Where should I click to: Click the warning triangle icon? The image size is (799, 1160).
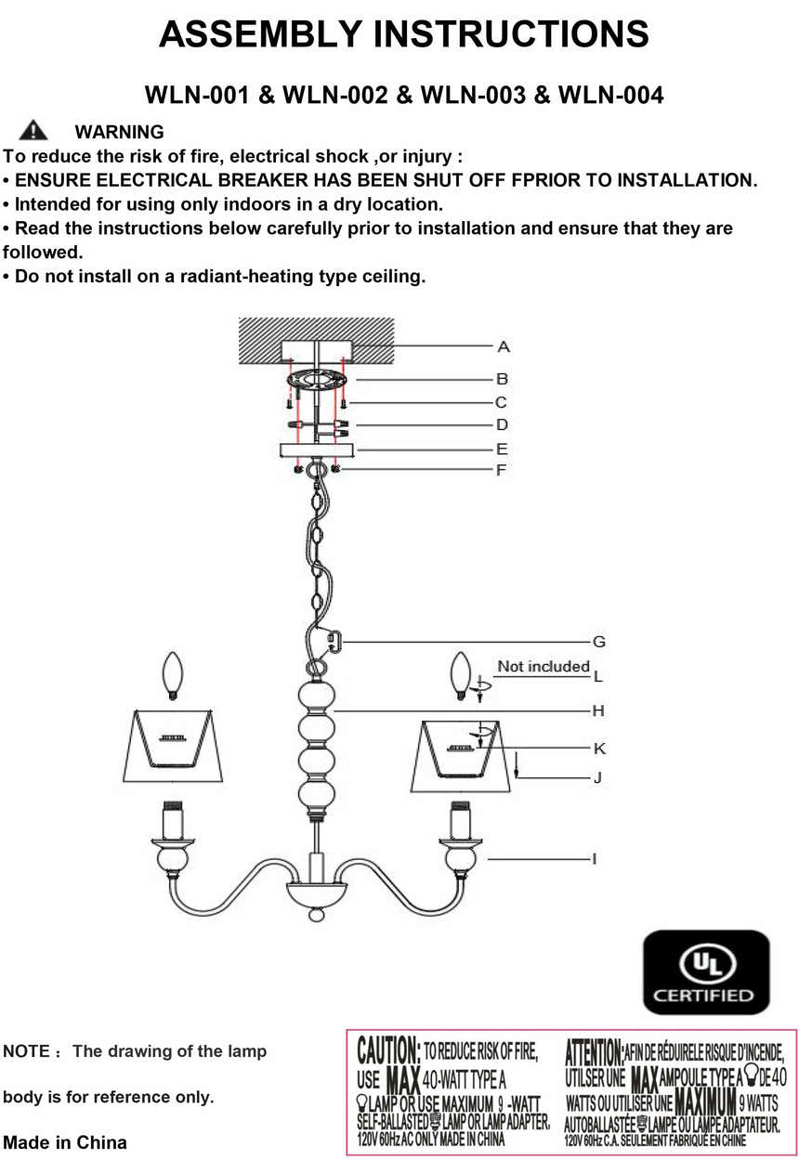(33, 130)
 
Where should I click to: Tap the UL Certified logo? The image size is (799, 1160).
(706, 971)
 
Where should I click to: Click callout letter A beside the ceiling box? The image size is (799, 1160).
(503, 346)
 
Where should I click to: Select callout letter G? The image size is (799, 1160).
(599, 641)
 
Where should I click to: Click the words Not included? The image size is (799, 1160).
(543, 666)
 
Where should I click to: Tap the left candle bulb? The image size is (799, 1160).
(171, 676)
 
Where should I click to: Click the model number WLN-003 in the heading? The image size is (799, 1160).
(473, 95)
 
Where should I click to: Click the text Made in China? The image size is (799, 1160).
(65, 1141)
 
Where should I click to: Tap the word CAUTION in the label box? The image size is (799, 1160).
(388, 1052)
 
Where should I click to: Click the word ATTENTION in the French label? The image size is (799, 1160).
(594, 1053)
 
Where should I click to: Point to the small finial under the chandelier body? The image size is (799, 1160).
(317, 916)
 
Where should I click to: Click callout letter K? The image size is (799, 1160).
(599, 749)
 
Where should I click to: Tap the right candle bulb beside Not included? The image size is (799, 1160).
(459, 676)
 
